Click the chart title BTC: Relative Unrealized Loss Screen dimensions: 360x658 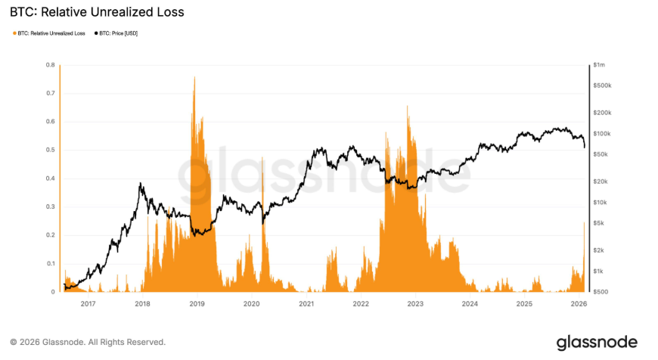[x=97, y=13]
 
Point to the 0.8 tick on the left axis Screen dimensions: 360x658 [x=51, y=65]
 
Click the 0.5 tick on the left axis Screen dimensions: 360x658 [x=51, y=150]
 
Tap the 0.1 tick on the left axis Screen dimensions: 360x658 [x=51, y=263]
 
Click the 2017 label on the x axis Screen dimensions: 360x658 [x=87, y=304]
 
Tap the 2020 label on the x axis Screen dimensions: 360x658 [x=251, y=304]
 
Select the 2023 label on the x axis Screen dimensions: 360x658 [x=415, y=304]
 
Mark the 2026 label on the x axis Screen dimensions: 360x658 [x=579, y=304]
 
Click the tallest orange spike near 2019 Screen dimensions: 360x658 [x=195, y=78]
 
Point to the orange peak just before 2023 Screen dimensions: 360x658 [x=408, y=107]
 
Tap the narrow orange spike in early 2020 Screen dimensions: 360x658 [x=262, y=158]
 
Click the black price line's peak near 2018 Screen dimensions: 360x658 [x=140, y=184]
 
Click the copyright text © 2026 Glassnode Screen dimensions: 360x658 [x=87, y=342]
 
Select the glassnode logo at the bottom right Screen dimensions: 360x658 [x=597, y=342]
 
